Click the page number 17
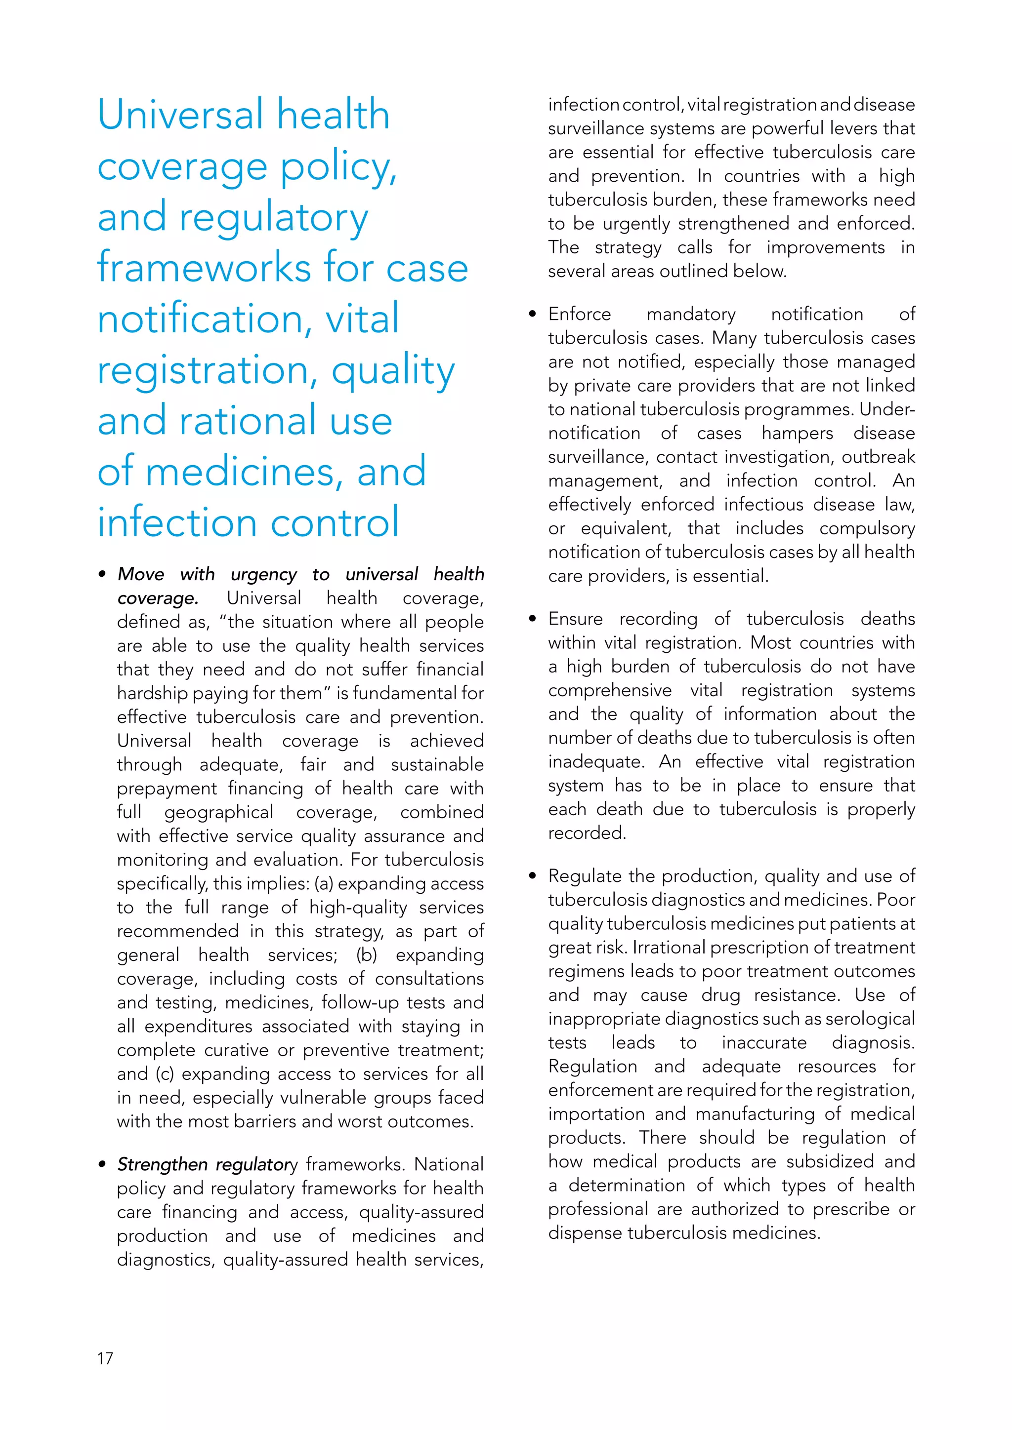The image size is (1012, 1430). click(105, 1358)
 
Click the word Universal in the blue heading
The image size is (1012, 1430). click(181, 115)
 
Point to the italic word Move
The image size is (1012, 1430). click(141, 574)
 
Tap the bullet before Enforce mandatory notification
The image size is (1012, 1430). click(532, 314)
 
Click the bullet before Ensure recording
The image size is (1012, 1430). click(532, 619)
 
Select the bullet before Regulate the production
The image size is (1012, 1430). click(532, 875)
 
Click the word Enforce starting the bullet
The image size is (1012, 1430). click(580, 314)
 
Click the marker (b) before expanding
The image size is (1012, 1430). click(367, 955)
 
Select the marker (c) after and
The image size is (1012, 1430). click(165, 1074)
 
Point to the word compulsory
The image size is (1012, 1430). click(867, 529)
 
